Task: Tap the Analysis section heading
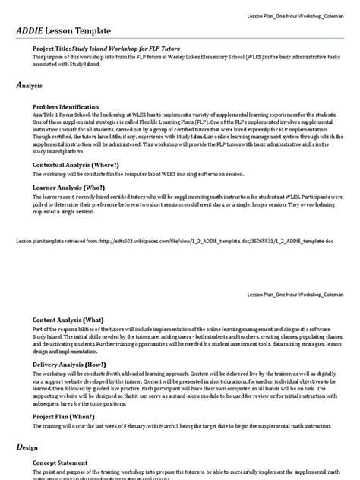pyautogui.click(x=29, y=86)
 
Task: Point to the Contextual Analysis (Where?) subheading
pyautogui.click(x=87, y=164)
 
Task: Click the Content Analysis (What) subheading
pyautogui.click(x=74, y=320)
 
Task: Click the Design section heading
pyautogui.click(x=27, y=448)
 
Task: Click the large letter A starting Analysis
pyautogui.click(x=19, y=85)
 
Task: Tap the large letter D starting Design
pyautogui.click(x=19, y=448)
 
